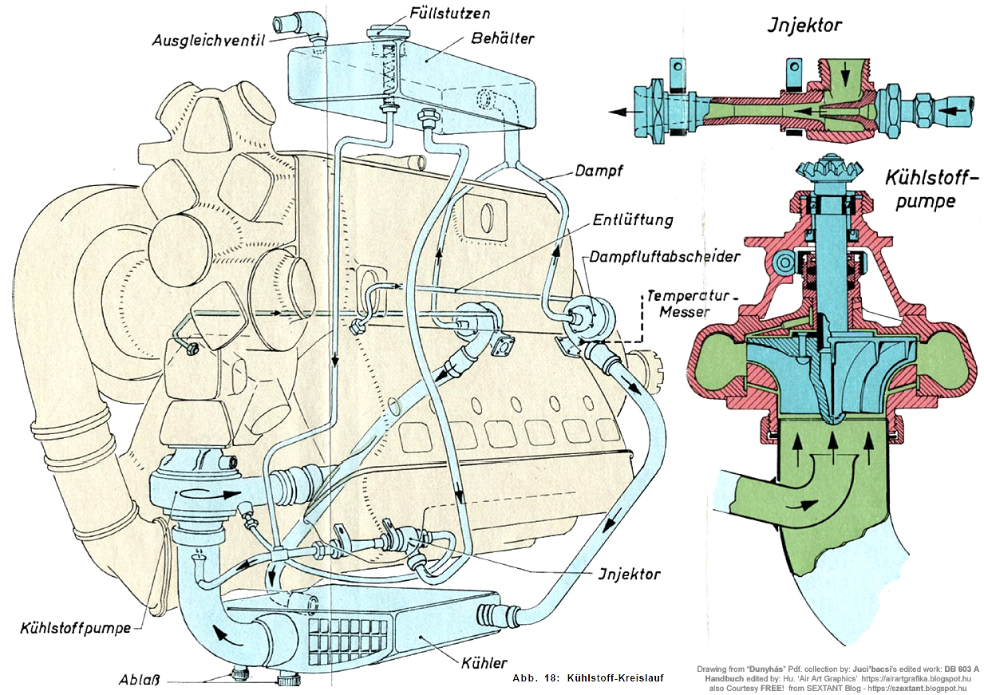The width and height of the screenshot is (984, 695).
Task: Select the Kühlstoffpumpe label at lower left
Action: pos(75,627)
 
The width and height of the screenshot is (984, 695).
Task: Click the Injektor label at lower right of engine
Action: pos(629,573)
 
